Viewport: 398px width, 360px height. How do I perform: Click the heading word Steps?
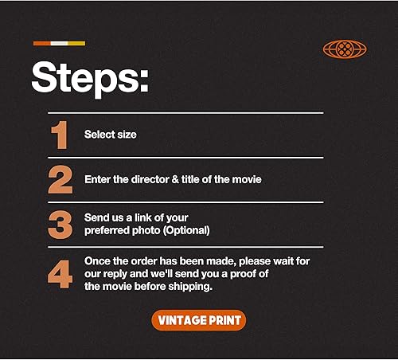pos(89,78)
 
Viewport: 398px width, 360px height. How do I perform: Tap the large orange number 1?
pos(60,135)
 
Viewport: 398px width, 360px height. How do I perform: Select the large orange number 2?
pos(60,180)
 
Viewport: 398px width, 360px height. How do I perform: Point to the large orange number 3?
pos(60,225)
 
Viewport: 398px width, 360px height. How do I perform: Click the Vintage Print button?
pos(199,320)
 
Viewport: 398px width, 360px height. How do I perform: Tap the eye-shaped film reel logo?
pos(345,49)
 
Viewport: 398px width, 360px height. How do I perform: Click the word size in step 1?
pos(126,135)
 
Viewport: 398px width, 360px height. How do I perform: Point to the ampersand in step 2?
pos(179,180)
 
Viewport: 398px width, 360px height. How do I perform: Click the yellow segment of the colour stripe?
pos(76,43)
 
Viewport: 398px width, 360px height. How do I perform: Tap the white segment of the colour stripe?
pos(59,43)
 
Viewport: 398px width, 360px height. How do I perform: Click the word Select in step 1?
pos(99,135)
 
